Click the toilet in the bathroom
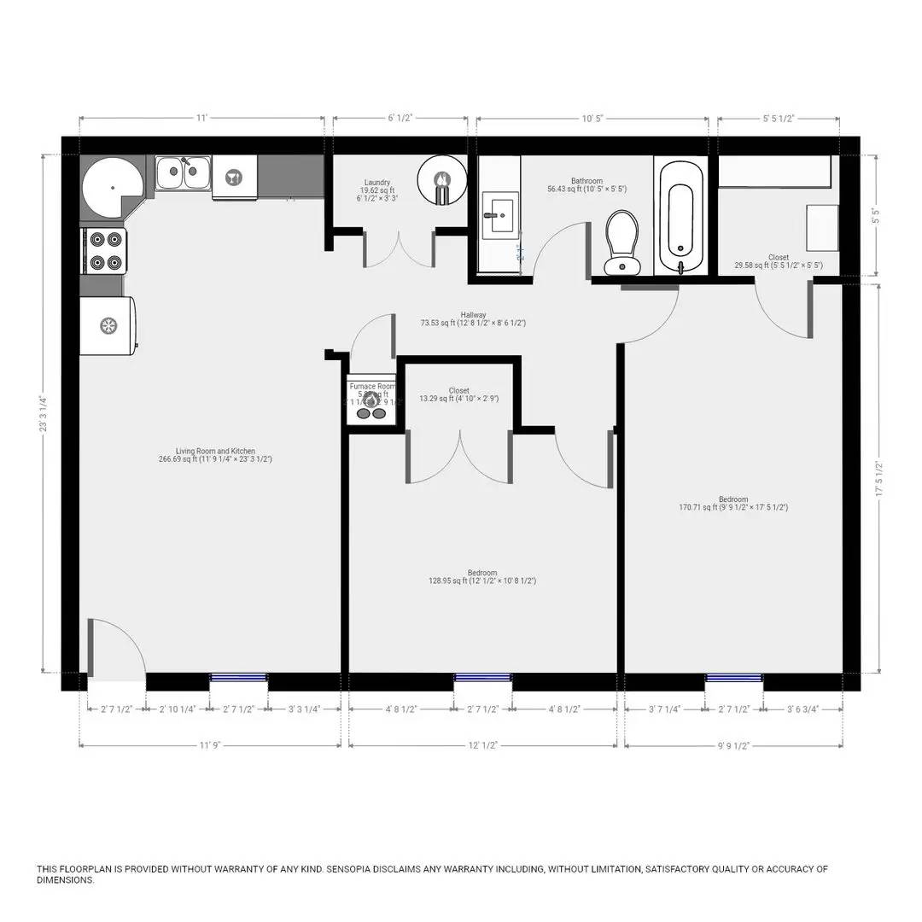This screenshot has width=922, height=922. tap(621, 242)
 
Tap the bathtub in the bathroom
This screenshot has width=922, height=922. tap(680, 213)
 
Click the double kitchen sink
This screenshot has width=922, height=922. tap(183, 172)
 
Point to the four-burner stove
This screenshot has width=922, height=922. tap(103, 251)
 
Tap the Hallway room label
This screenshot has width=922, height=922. tap(472, 319)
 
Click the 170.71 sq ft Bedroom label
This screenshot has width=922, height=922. tap(732, 504)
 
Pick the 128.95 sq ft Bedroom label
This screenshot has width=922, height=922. tap(481, 577)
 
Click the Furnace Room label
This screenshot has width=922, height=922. tap(372, 387)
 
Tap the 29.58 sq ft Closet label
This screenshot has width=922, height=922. tap(778, 261)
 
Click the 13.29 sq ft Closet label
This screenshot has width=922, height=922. tap(458, 394)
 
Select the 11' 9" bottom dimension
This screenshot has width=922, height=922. tap(210, 745)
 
